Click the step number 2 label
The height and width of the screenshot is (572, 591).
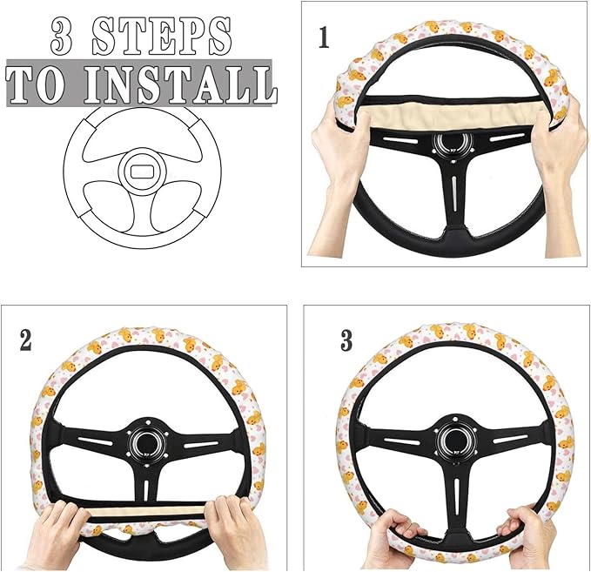[25, 340]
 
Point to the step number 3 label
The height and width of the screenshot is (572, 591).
[346, 340]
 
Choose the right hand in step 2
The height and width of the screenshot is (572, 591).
[231, 522]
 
